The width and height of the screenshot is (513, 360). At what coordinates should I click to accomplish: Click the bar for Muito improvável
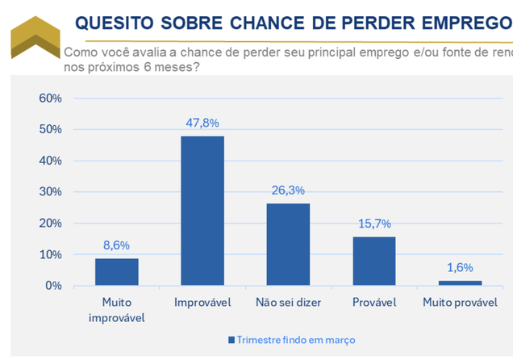point(116,272)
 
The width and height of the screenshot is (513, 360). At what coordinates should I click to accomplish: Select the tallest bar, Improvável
point(202,211)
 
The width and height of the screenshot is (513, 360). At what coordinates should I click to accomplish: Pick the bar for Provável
point(373,261)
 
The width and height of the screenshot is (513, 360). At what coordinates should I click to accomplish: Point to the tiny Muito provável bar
point(460,283)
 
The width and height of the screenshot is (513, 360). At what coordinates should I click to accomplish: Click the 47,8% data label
point(202,123)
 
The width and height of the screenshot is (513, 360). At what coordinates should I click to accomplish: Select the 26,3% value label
point(288,190)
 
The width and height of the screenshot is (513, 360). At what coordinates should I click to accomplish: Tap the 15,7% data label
point(373,224)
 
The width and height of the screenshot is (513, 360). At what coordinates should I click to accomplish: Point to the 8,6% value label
point(116,245)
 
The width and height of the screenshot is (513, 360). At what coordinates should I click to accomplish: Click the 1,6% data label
point(460,267)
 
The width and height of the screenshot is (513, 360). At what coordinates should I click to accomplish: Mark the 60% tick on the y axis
point(50,98)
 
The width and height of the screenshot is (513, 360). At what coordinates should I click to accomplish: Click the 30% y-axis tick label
point(50,192)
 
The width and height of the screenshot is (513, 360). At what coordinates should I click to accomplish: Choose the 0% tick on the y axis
point(53,286)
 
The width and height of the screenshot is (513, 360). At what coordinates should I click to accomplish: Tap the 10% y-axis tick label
point(50,254)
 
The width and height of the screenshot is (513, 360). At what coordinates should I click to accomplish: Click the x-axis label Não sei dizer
point(288,303)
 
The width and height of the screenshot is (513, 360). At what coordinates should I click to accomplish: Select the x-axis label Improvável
point(202,303)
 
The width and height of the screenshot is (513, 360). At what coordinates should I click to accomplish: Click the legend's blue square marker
point(231,340)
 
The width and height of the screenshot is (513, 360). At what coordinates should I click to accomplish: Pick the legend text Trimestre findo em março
point(295,340)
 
